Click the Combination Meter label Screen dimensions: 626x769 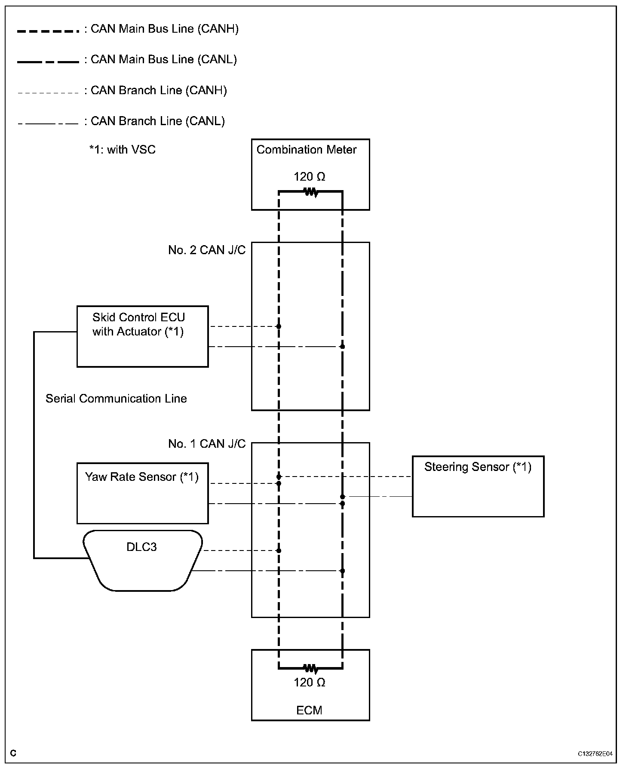click(x=307, y=150)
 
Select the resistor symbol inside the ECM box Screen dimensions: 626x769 click(x=311, y=668)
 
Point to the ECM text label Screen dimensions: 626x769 click(x=309, y=710)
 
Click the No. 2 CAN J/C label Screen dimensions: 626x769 click(x=207, y=250)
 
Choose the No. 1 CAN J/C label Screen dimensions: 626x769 click(x=207, y=444)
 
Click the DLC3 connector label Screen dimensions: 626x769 click(x=141, y=547)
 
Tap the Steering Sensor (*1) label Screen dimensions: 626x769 click(x=478, y=467)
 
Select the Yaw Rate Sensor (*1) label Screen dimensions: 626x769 click(x=142, y=477)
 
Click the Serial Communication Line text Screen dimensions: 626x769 click(x=116, y=399)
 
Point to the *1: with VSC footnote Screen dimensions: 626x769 click(x=123, y=150)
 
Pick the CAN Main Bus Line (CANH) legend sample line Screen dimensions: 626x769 click(x=48, y=31)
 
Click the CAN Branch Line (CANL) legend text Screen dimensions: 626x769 click(x=158, y=121)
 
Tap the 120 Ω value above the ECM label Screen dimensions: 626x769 click(x=310, y=683)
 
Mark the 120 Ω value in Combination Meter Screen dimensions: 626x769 click(x=310, y=177)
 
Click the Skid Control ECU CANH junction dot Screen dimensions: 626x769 click(x=279, y=326)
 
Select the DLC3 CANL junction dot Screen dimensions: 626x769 click(x=342, y=571)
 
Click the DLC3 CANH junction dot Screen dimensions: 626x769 click(x=279, y=551)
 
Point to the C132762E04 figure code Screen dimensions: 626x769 click(x=595, y=754)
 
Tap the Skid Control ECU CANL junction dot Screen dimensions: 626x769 click(x=342, y=346)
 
